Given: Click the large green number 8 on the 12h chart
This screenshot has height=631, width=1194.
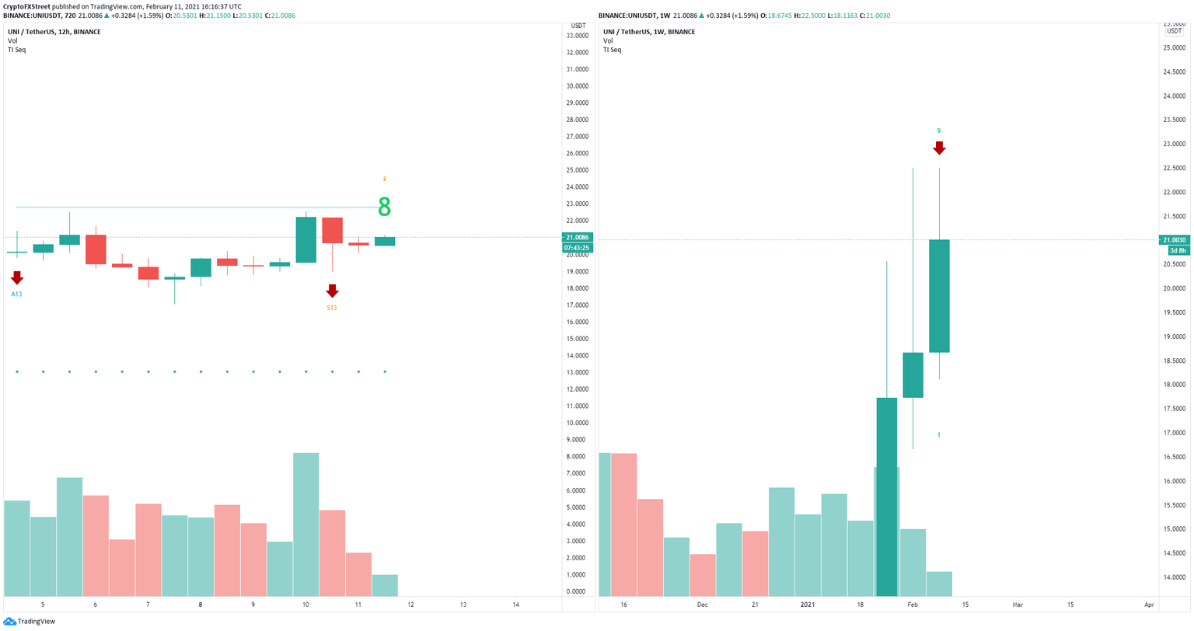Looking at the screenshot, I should pyautogui.click(x=384, y=207).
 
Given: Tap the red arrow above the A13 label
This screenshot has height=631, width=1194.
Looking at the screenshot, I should pyautogui.click(x=17, y=277).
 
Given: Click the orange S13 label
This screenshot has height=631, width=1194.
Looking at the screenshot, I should pyautogui.click(x=332, y=308).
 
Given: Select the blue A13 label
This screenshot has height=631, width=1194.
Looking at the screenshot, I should pyautogui.click(x=16, y=295).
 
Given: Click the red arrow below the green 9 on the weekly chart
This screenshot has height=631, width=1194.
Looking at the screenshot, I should pyautogui.click(x=939, y=148).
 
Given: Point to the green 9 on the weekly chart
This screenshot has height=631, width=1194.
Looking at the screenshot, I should pyautogui.click(x=939, y=131).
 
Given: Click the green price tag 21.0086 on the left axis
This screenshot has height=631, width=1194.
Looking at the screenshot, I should pyautogui.click(x=578, y=237).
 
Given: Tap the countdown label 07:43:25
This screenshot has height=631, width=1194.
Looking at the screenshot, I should pyautogui.click(x=578, y=248).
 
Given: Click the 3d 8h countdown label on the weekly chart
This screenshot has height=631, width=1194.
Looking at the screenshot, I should pyautogui.click(x=1177, y=250).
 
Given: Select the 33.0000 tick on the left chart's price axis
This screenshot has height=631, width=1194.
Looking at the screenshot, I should pyautogui.click(x=577, y=36).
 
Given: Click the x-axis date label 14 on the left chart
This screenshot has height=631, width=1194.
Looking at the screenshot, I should pyautogui.click(x=516, y=604).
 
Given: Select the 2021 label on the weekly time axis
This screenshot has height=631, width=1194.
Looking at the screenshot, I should pyautogui.click(x=808, y=604).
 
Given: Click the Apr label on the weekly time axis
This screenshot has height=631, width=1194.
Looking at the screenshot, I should pyautogui.click(x=1150, y=604).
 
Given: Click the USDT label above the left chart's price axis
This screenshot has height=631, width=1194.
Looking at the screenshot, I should pyautogui.click(x=578, y=26).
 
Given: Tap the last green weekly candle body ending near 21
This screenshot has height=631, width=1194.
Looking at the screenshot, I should pyautogui.click(x=939, y=295).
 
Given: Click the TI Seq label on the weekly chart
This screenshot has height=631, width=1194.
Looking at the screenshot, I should pyautogui.click(x=612, y=50).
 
